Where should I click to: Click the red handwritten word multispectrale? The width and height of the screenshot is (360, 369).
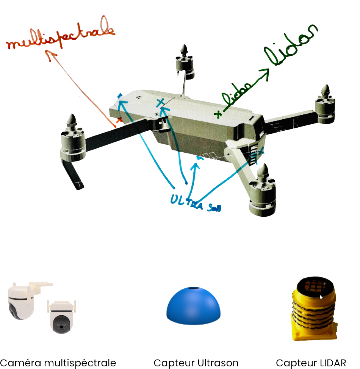(60, 33)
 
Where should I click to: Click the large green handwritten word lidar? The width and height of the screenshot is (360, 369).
(291, 45)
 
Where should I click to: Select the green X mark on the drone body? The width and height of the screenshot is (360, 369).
(218, 114)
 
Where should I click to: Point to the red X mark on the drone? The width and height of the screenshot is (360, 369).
(119, 120)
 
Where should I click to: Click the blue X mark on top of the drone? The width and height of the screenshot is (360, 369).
(161, 103)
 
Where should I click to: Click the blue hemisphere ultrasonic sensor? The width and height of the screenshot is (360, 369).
(193, 305)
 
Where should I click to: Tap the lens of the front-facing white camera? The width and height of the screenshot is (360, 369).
(61, 327)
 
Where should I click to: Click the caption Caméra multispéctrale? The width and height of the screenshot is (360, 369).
(58, 363)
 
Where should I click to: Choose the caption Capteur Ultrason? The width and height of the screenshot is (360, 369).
(196, 363)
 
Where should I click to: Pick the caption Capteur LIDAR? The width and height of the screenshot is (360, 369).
(311, 363)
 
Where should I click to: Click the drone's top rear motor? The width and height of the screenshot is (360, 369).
(185, 62)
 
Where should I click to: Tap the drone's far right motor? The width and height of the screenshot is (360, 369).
(326, 104)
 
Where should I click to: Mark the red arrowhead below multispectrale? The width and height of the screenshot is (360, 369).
(51, 55)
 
